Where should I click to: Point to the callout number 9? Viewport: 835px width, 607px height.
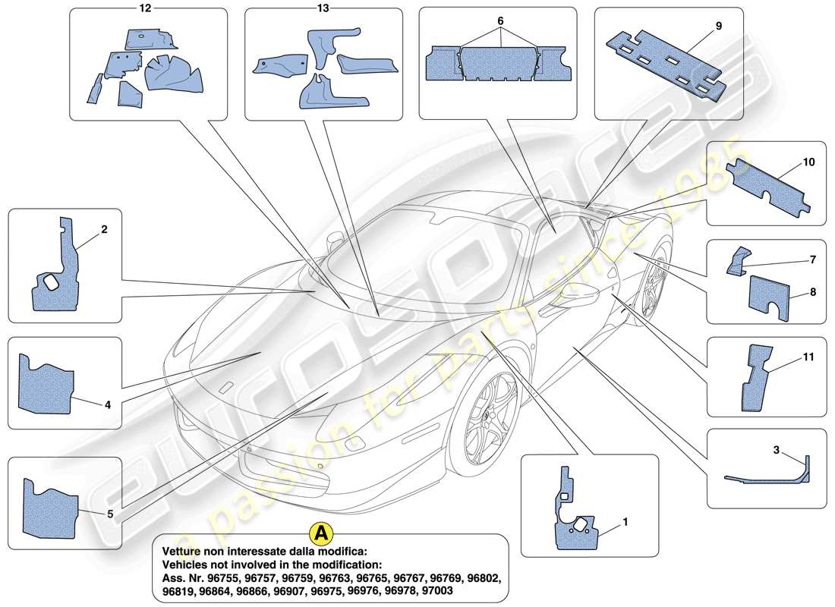[717, 26]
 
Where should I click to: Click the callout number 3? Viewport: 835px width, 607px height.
[777, 450]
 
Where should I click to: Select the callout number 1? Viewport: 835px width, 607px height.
[625, 522]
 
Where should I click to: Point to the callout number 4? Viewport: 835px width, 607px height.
[108, 404]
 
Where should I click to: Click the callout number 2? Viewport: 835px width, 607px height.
[104, 228]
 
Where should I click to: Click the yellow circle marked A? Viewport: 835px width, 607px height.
[321, 533]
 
